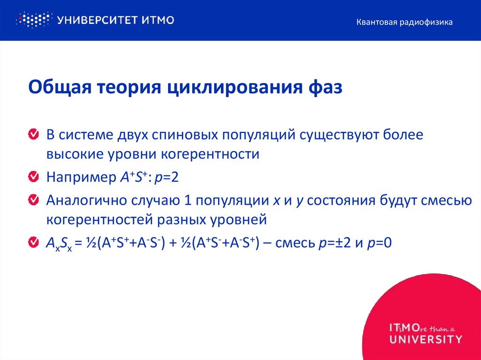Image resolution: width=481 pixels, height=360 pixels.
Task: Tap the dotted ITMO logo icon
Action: tap(33, 20)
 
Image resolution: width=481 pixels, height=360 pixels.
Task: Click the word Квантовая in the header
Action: tap(377, 22)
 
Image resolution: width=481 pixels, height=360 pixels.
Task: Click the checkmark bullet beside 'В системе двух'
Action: tap(34, 135)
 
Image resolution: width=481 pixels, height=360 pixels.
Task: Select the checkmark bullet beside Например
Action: tap(34, 177)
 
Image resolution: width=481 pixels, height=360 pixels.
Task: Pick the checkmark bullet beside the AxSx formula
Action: tap(34, 242)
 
